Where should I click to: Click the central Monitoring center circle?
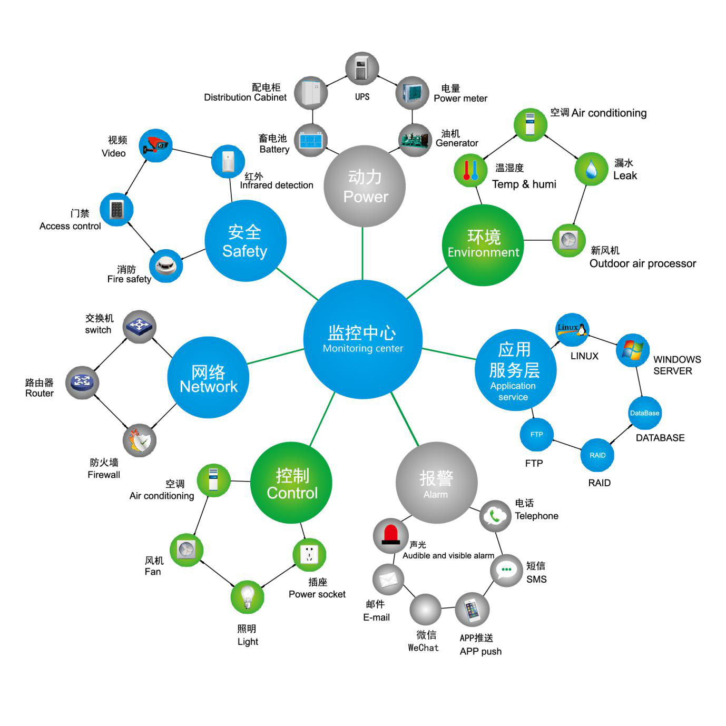coord(362,339)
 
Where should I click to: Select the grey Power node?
coord(365,187)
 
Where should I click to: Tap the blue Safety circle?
coord(245,241)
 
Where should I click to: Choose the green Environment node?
coord(483,245)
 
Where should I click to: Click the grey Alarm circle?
coord(436,483)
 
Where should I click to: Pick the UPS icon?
coord(362,69)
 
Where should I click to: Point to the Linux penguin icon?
coord(572,330)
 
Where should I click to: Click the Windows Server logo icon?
coord(632,350)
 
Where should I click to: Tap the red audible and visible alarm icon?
coord(390,535)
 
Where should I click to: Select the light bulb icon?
coord(247,597)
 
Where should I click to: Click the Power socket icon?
coord(309,555)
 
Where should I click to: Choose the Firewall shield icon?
coord(140,440)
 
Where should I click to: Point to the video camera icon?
coord(156,145)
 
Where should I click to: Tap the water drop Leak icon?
coord(591,169)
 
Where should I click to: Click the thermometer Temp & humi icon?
coord(470,170)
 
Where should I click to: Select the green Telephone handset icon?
coord(495,516)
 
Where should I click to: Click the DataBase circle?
coord(644,413)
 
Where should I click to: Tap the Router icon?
coord(82,382)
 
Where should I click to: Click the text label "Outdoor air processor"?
coord(642,263)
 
